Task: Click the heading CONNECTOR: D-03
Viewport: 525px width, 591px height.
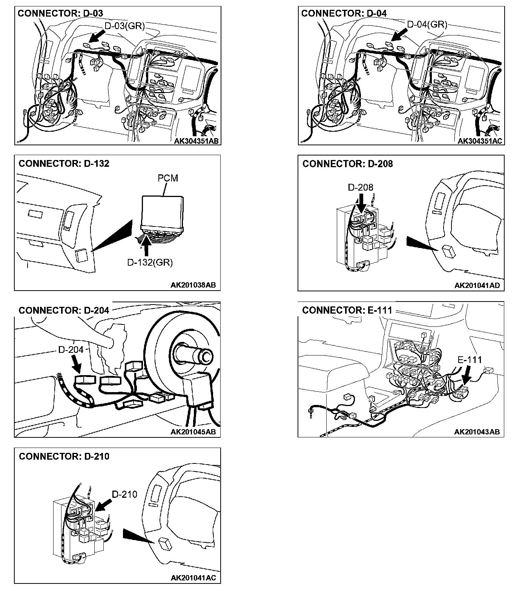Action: point(60,13)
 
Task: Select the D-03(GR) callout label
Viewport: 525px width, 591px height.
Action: point(124,26)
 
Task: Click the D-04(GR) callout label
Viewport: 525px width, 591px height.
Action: point(427,25)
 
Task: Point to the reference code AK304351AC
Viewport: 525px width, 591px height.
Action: point(480,141)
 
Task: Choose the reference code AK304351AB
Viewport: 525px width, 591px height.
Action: point(196,141)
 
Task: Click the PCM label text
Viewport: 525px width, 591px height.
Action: point(167,178)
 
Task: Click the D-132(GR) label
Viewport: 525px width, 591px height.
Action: point(150,262)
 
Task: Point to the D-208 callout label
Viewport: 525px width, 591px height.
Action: point(360,187)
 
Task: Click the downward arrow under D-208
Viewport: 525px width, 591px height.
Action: point(361,203)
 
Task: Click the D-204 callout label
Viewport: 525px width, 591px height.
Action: point(71,350)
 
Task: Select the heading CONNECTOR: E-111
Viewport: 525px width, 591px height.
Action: point(347,310)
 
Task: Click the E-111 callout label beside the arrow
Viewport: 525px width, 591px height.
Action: point(470,360)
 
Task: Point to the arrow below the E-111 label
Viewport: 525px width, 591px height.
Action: point(467,375)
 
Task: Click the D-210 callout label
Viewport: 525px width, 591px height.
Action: point(124,494)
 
